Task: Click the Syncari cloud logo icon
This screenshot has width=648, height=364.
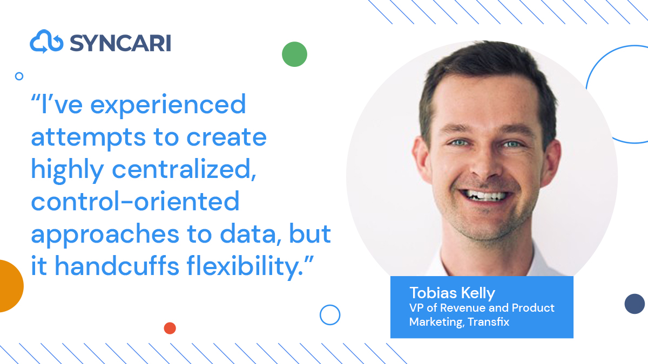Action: pos(47,42)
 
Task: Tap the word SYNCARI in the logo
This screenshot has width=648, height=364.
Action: pos(120,43)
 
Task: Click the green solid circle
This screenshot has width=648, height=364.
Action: pos(294,54)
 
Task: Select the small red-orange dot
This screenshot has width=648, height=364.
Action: pos(170,328)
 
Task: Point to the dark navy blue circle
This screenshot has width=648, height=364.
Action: pos(634,304)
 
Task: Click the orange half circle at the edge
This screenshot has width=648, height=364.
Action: pos(9,286)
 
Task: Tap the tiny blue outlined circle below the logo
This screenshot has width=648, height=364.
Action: pos(19,76)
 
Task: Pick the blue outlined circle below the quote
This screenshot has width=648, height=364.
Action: pos(330,314)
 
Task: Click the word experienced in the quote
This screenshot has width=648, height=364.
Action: pos(168,105)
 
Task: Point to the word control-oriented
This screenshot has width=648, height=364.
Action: pos(135,202)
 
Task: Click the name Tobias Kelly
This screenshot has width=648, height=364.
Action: pos(452,293)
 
